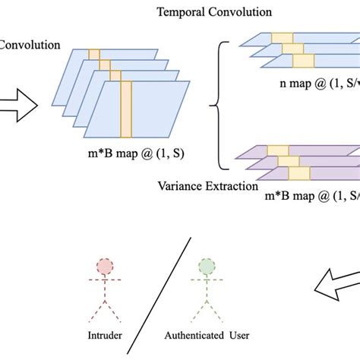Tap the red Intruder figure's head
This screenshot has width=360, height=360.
tap(104, 267)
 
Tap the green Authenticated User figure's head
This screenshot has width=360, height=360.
tap(206, 267)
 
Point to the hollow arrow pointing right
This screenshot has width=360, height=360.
tap(16, 103)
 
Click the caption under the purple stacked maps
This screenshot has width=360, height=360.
tap(311, 197)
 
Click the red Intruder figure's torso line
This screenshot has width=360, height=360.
tap(104, 292)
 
